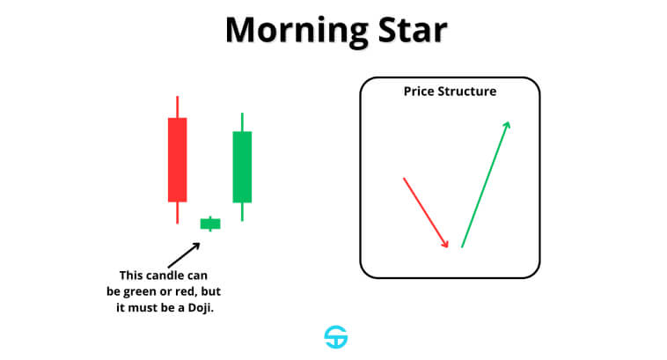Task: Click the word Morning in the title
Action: coord(297,31)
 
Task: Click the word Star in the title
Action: coord(413,30)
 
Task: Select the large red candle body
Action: coord(178,159)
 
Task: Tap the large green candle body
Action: coord(242,167)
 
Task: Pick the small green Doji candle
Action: coord(210,224)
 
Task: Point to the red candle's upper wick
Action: coord(178,107)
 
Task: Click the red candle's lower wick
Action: coord(178,212)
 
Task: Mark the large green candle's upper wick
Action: coord(242,122)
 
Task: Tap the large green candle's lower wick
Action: coord(242,211)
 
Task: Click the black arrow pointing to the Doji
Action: coord(184,255)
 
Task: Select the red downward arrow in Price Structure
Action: coord(425,212)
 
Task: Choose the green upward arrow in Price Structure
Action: coord(486,184)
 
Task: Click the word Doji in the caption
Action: coord(201,308)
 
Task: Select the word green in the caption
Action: coord(137,292)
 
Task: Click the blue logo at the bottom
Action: coord(336,337)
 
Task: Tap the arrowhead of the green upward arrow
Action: coord(507,125)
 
